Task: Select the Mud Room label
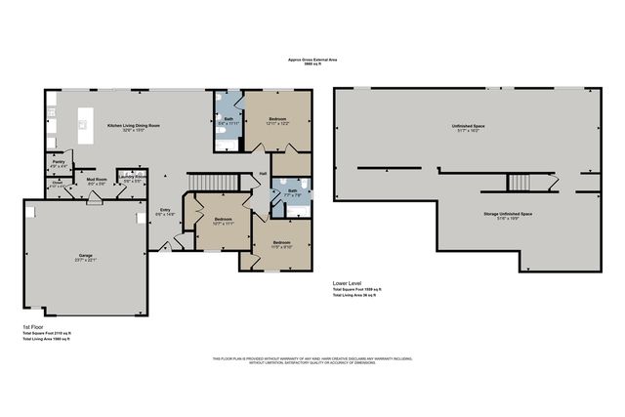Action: [x=96, y=180]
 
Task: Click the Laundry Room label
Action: [x=133, y=179]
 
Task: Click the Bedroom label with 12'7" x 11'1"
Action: [x=223, y=220]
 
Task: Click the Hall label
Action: [x=263, y=176]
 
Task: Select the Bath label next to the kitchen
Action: [x=227, y=119]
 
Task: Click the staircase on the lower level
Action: [x=518, y=183]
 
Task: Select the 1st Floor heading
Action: [x=32, y=327]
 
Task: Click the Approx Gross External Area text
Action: [x=312, y=59]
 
